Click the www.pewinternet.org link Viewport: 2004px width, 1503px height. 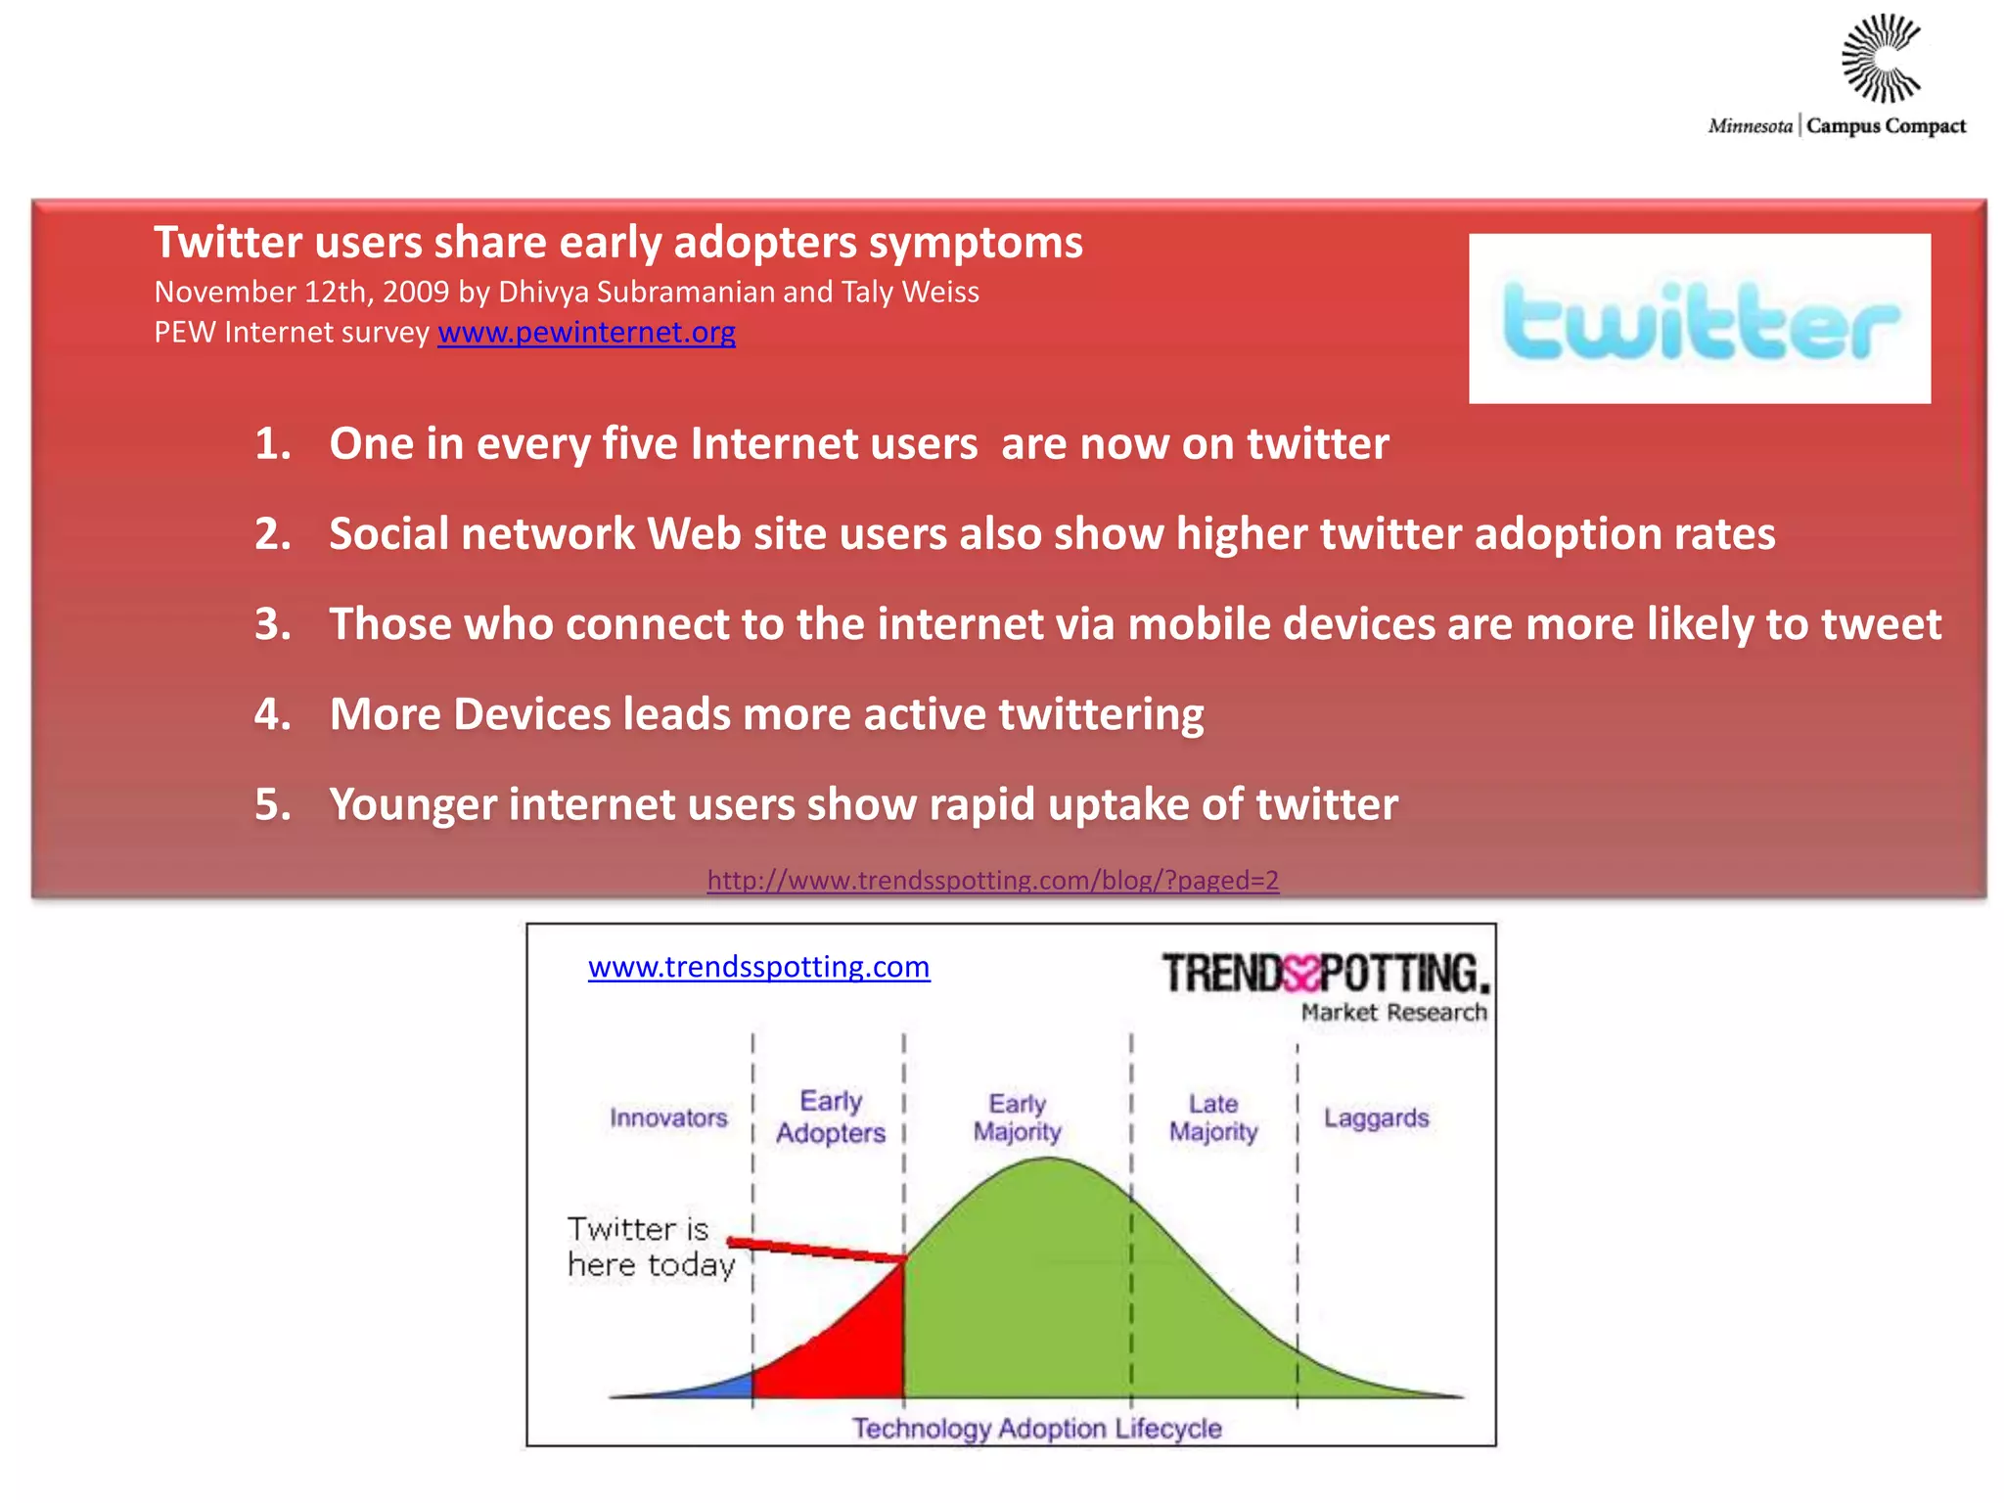coord(586,333)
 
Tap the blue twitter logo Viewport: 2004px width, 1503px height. coord(1700,320)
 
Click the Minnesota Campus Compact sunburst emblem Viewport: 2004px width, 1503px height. coord(1881,59)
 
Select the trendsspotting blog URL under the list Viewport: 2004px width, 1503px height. coord(992,880)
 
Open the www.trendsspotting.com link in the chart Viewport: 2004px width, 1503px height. coord(758,967)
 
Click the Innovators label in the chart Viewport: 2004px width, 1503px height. coord(668,1117)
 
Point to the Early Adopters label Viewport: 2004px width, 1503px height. coord(831,1116)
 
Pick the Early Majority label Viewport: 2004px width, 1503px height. coord(1017,1117)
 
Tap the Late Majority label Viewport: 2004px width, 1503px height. coord(1213,1117)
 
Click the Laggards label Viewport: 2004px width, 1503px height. coord(1376,1117)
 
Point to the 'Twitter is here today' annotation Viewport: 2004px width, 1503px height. coord(651,1247)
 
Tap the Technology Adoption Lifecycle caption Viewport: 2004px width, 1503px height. coord(1036,1428)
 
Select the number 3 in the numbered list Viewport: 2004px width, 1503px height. coord(272,624)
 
